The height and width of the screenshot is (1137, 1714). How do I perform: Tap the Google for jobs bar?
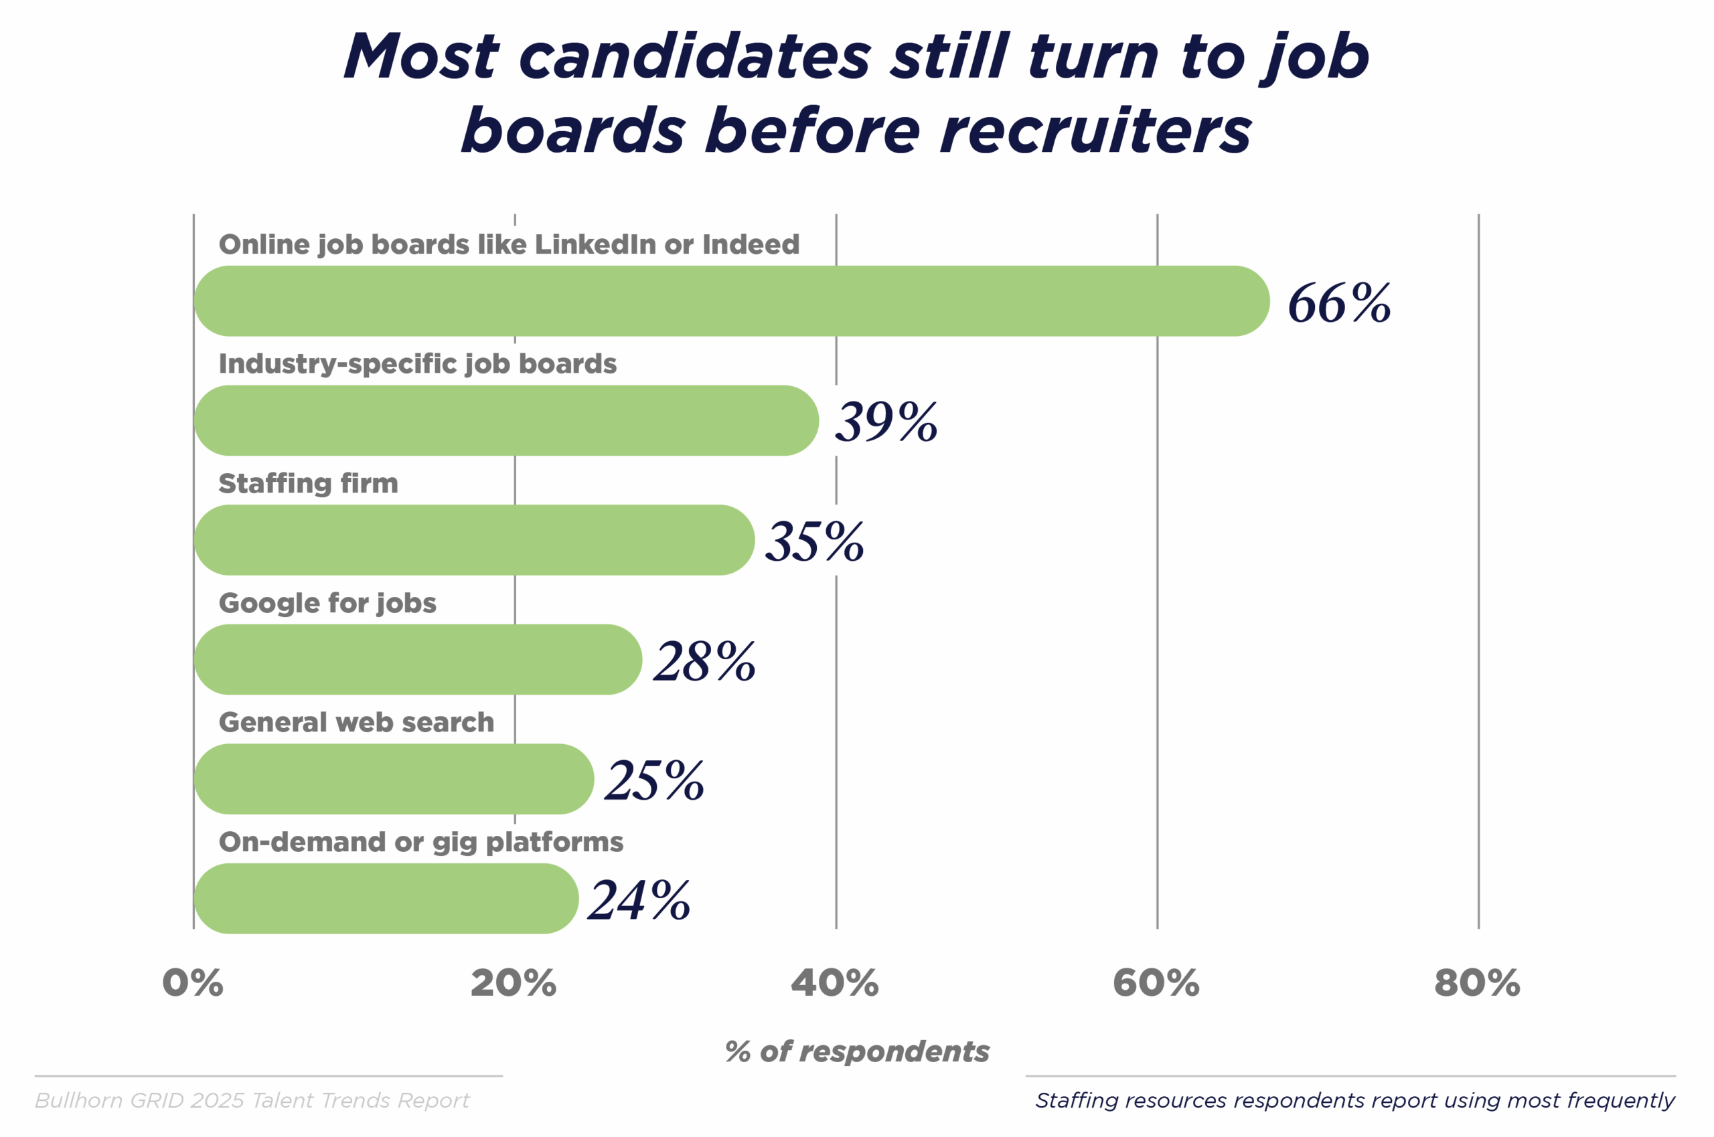(418, 660)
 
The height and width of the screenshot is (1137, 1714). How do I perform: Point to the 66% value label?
(1339, 303)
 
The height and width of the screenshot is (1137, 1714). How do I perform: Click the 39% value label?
(886, 422)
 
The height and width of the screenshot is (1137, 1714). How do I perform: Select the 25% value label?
(654, 781)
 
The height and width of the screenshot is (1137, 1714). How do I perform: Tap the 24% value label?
(639, 900)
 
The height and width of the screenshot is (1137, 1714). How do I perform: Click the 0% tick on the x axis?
(193, 983)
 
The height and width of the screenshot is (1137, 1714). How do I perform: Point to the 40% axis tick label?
(835, 983)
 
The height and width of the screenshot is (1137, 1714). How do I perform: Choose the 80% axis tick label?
(1478, 983)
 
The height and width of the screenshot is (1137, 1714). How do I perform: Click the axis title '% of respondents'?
(856, 1051)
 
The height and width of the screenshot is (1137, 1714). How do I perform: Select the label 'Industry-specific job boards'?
(417, 364)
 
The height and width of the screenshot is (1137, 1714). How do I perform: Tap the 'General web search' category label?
(356, 722)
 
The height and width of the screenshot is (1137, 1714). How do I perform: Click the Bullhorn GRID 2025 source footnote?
(252, 1101)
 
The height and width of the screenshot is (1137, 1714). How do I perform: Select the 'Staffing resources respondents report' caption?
(1354, 1101)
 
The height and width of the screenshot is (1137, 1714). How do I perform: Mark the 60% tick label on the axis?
(1156, 983)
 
